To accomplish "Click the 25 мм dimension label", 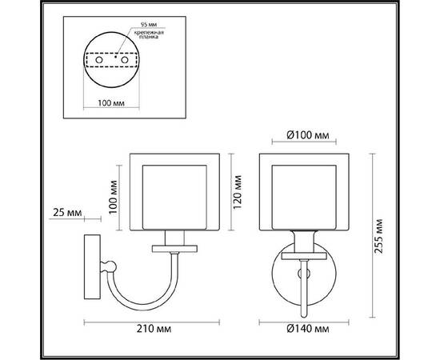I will [65, 213].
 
